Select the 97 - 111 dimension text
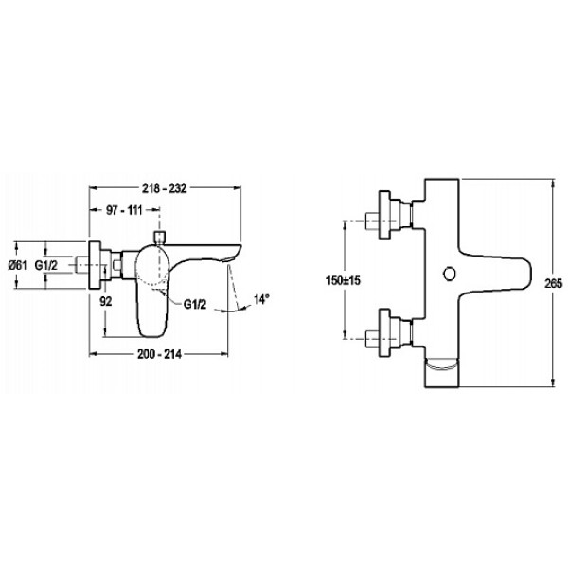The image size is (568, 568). (124, 210)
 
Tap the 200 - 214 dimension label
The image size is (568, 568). (159, 354)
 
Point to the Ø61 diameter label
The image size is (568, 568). (17, 265)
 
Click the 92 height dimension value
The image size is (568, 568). (106, 301)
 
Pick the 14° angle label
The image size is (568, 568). (261, 299)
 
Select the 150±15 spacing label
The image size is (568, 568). (343, 280)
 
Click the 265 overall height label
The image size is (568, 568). (553, 283)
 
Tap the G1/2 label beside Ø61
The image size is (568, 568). (46, 265)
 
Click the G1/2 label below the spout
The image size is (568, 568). (195, 304)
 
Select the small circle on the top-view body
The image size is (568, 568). (449, 274)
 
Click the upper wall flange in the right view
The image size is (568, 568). (384, 215)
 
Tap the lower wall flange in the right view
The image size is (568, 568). (384, 332)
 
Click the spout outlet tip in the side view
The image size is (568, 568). (231, 258)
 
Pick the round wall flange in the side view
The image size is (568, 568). (95, 265)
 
